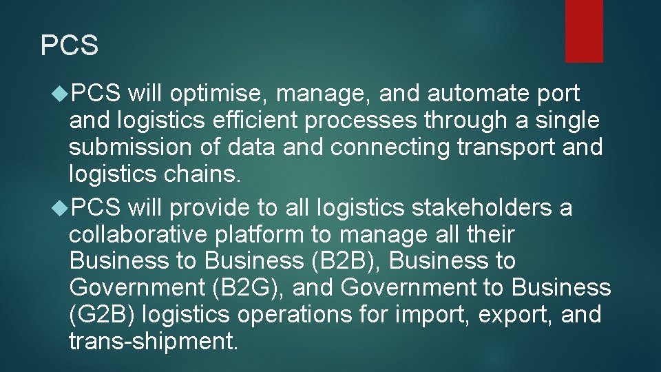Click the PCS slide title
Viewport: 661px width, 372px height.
pyautogui.click(x=70, y=46)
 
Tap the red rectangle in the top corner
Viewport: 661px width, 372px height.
pyautogui.click(x=584, y=31)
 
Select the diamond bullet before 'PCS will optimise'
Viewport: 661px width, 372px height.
pyautogui.click(x=61, y=92)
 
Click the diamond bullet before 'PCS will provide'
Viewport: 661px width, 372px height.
pyautogui.click(x=61, y=207)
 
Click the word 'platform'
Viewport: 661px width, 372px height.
pyautogui.click(x=262, y=235)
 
